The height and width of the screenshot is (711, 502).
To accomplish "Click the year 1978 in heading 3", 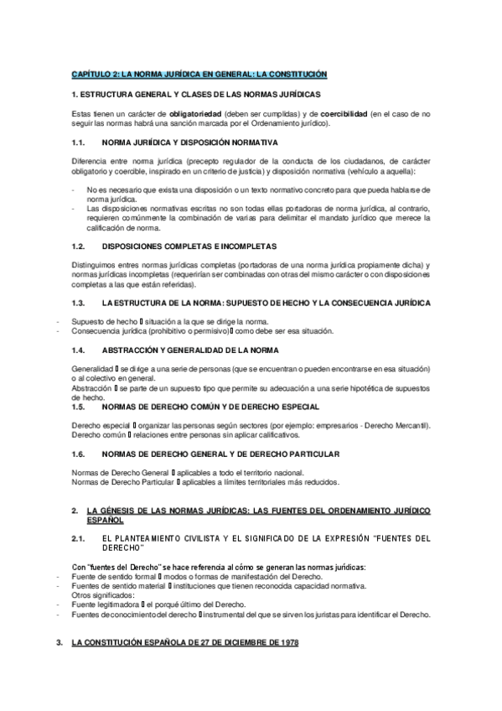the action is click(283, 642).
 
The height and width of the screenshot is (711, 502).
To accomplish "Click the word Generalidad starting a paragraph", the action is click(93, 369).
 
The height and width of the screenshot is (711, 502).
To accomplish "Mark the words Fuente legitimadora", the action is click(106, 604).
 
